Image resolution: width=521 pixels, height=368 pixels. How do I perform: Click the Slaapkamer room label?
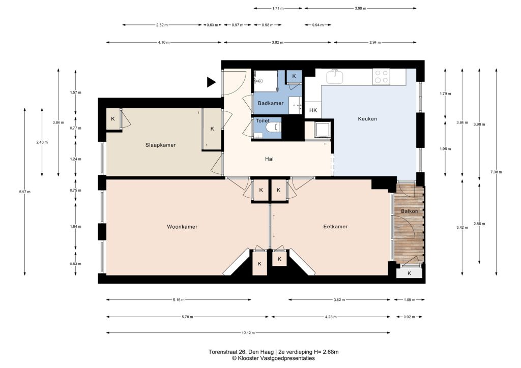click(x=160, y=145)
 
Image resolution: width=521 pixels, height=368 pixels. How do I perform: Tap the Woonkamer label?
click(x=182, y=227)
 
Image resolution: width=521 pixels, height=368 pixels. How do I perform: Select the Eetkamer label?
click(x=335, y=227)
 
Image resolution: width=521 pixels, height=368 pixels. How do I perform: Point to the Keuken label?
click(x=367, y=119)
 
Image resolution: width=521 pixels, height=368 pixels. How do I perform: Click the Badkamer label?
click(x=271, y=103)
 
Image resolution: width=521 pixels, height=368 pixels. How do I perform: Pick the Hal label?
click(x=269, y=159)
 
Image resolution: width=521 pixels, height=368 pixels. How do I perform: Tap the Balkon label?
click(x=410, y=211)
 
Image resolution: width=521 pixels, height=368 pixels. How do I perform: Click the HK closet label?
click(x=313, y=110)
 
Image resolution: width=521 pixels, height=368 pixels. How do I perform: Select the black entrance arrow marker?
click(x=211, y=82)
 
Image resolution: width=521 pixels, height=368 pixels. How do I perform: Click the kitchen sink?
click(x=336, y=77)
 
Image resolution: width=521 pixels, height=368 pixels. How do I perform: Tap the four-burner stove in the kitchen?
click(x=381, y=77)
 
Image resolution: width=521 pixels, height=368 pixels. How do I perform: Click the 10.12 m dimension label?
click(x=248, y=333)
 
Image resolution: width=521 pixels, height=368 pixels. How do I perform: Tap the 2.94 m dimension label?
click(x=375, y=43)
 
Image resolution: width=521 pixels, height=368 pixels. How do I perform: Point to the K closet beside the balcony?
click(x=410, y=273)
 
